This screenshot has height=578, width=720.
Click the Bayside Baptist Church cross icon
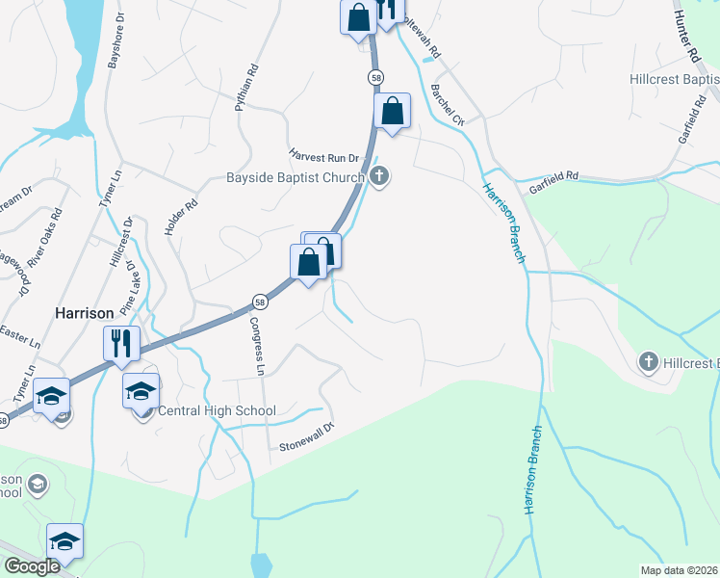380,176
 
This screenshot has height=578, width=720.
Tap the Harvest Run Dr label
323,154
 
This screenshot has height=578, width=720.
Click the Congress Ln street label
256,345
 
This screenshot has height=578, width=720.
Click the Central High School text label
217,411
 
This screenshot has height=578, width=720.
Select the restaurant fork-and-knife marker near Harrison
121,343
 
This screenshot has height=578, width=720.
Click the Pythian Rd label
247,88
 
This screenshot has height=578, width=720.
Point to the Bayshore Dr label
114,43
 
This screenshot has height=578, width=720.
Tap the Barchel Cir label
448,107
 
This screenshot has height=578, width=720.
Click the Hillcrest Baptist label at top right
673,79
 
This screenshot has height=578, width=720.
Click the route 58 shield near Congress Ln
260,302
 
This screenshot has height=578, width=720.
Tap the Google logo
32,566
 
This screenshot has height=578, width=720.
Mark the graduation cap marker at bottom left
64,541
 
